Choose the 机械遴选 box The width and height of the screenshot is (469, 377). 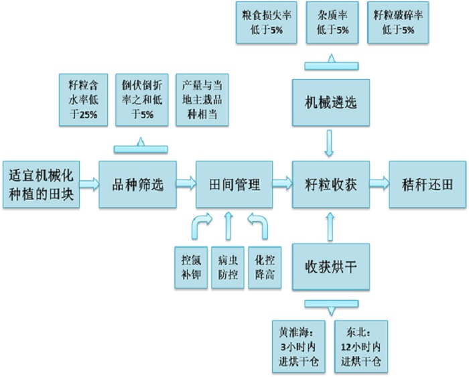pyautogui.click(x=330, y=102)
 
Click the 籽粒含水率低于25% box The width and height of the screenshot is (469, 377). pyautogui.click(x=83, y=99)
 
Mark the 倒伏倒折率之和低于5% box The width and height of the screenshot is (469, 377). pyautogui.click(x=141, y=99)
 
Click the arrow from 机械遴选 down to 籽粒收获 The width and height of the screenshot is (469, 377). pyautogui.click(x=330, y=143)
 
